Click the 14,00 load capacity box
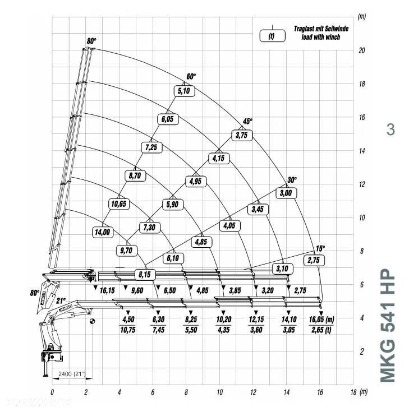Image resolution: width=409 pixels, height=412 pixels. (103, 231)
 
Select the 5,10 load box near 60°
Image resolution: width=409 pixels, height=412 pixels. (183, 91)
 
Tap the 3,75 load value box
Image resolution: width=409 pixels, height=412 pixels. (242, 135)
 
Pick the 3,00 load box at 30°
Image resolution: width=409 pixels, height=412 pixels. (286, 193)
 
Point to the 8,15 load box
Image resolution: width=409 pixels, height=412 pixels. (144, 275)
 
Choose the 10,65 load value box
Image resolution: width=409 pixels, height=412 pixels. (119, 203)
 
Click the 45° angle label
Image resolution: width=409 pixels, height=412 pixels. (247, 121)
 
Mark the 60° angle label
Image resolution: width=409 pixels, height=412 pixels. (192, 77)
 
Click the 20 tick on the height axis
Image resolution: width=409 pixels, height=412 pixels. (362, 50)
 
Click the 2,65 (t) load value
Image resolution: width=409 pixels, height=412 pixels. (321, 330)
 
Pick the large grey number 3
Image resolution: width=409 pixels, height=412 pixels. (390, 129)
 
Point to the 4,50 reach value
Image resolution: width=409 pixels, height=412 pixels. (128, 319)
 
